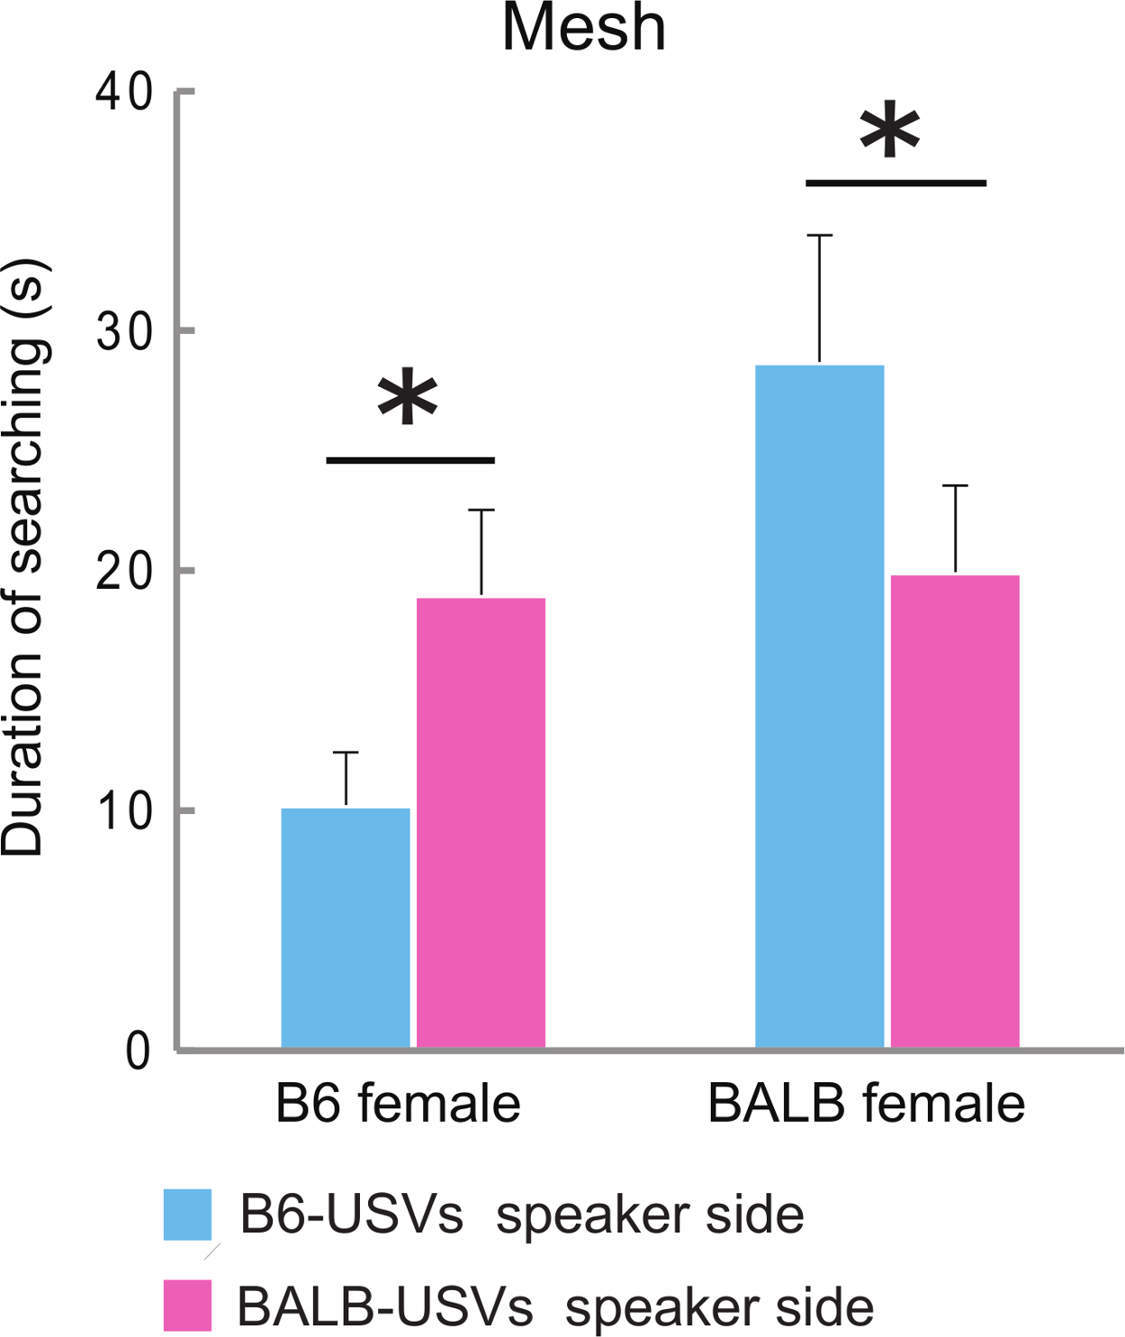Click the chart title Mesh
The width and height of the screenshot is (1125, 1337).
coord(583,29)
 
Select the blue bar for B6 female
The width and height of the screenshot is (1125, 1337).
coord(346,927)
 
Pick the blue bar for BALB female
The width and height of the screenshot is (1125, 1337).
coord(819,706)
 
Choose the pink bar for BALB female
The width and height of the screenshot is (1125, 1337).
coord(955,810)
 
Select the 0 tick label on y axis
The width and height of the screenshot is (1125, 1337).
coord(138,1050)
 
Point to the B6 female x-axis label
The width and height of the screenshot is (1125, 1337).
coord(398,1104)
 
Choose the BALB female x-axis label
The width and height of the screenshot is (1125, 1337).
coord(866,1104)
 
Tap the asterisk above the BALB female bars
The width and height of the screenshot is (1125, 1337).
coord(890,131)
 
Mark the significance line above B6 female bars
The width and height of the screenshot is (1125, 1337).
coord(410,460)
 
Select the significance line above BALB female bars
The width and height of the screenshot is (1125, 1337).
coord(895,183)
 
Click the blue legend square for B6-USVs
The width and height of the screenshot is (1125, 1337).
coord(187,1215)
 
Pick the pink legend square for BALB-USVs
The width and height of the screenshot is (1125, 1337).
coord(187,1305)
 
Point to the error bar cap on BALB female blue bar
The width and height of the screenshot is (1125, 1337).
coord(819,235)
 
